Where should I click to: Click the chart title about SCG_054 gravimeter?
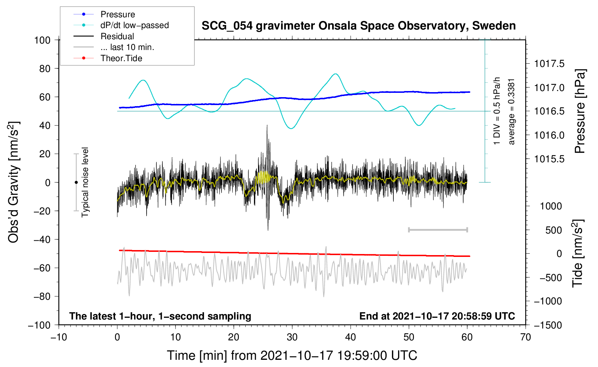(358, 26)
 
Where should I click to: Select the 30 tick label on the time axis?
(292, 337)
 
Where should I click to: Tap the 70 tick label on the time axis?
(526, 337)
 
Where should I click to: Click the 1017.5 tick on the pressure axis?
(549, 64)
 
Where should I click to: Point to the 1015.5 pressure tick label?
(549, 159)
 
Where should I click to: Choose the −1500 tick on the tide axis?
(548, 325)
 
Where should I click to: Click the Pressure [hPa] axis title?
(580, 111)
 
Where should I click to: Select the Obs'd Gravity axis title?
(14, 182)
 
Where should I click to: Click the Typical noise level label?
(85, 182)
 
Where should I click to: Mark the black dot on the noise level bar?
(76, 182)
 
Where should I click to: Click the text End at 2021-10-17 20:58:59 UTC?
(437, 316)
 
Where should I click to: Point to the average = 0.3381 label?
(512, 112)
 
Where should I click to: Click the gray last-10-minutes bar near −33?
(438, 230)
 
